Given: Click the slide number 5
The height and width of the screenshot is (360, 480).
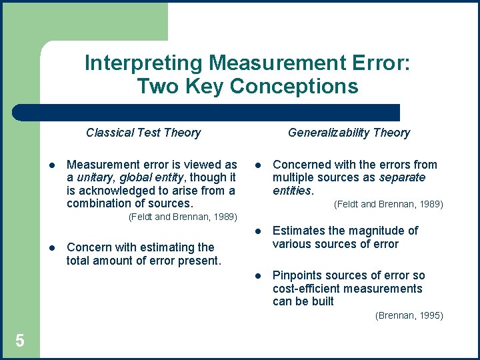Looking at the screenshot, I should [x=20, y=341].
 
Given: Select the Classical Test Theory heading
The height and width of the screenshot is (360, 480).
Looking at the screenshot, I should [x=143, y=133].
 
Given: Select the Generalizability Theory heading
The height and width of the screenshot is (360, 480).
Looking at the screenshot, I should [x=349, y=133].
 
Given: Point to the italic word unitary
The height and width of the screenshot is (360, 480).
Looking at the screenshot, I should [x=95, y=177].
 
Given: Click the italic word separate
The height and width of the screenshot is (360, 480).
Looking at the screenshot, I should [x=402, y=177].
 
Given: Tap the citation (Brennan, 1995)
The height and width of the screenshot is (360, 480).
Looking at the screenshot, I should [x=409, y=315].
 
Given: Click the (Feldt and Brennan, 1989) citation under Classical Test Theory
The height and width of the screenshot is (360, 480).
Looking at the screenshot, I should [x=182, y=217].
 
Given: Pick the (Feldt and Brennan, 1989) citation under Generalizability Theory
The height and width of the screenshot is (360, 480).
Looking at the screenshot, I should [x=388, y=204].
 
